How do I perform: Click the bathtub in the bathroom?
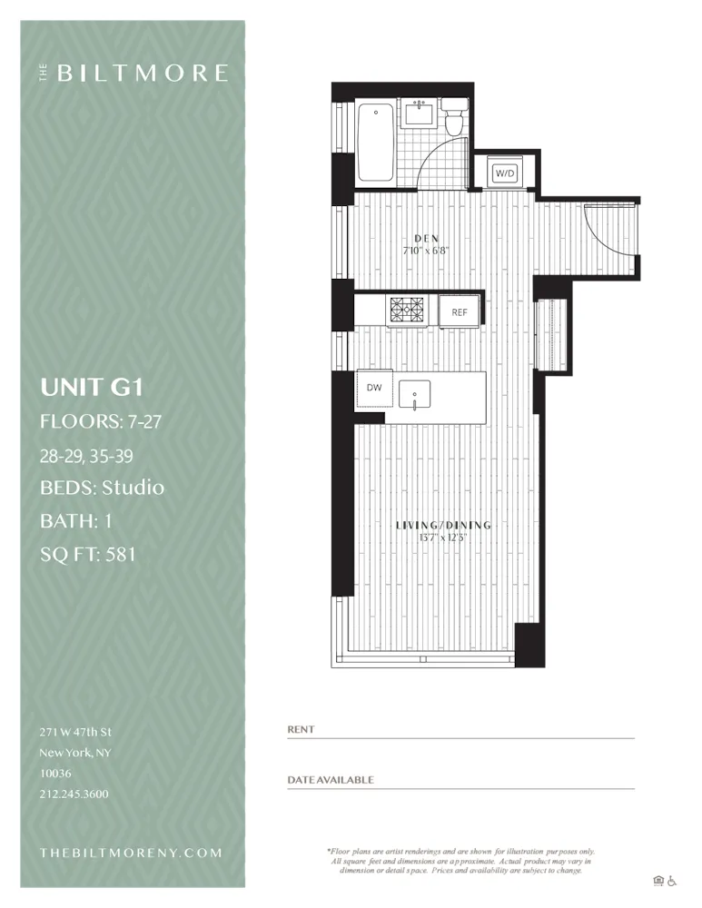coord(374,143)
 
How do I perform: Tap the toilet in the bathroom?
coord(455,121)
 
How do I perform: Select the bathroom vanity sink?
coord(420,113)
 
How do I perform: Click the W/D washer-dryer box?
coord(503,173)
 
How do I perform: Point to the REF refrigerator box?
coord(460,312)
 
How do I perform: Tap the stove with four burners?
coord(408,311)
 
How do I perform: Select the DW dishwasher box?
coord(374,388)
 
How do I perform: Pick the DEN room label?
coord(427,239)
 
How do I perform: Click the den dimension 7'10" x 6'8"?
coord(427,251)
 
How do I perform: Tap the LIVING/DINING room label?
coord(443,525)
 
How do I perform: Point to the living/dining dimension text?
coord(443,537)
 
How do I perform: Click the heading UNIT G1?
coord(91,389)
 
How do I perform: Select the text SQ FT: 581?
coord(87,554)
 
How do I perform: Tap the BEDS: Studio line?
coord(102,488)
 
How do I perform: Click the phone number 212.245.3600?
coord(74,794)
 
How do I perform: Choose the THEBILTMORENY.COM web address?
coord(131,853)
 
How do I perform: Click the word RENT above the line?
coord(300,729)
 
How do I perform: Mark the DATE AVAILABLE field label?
coord(331,780)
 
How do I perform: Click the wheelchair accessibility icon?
coord(673,880)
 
